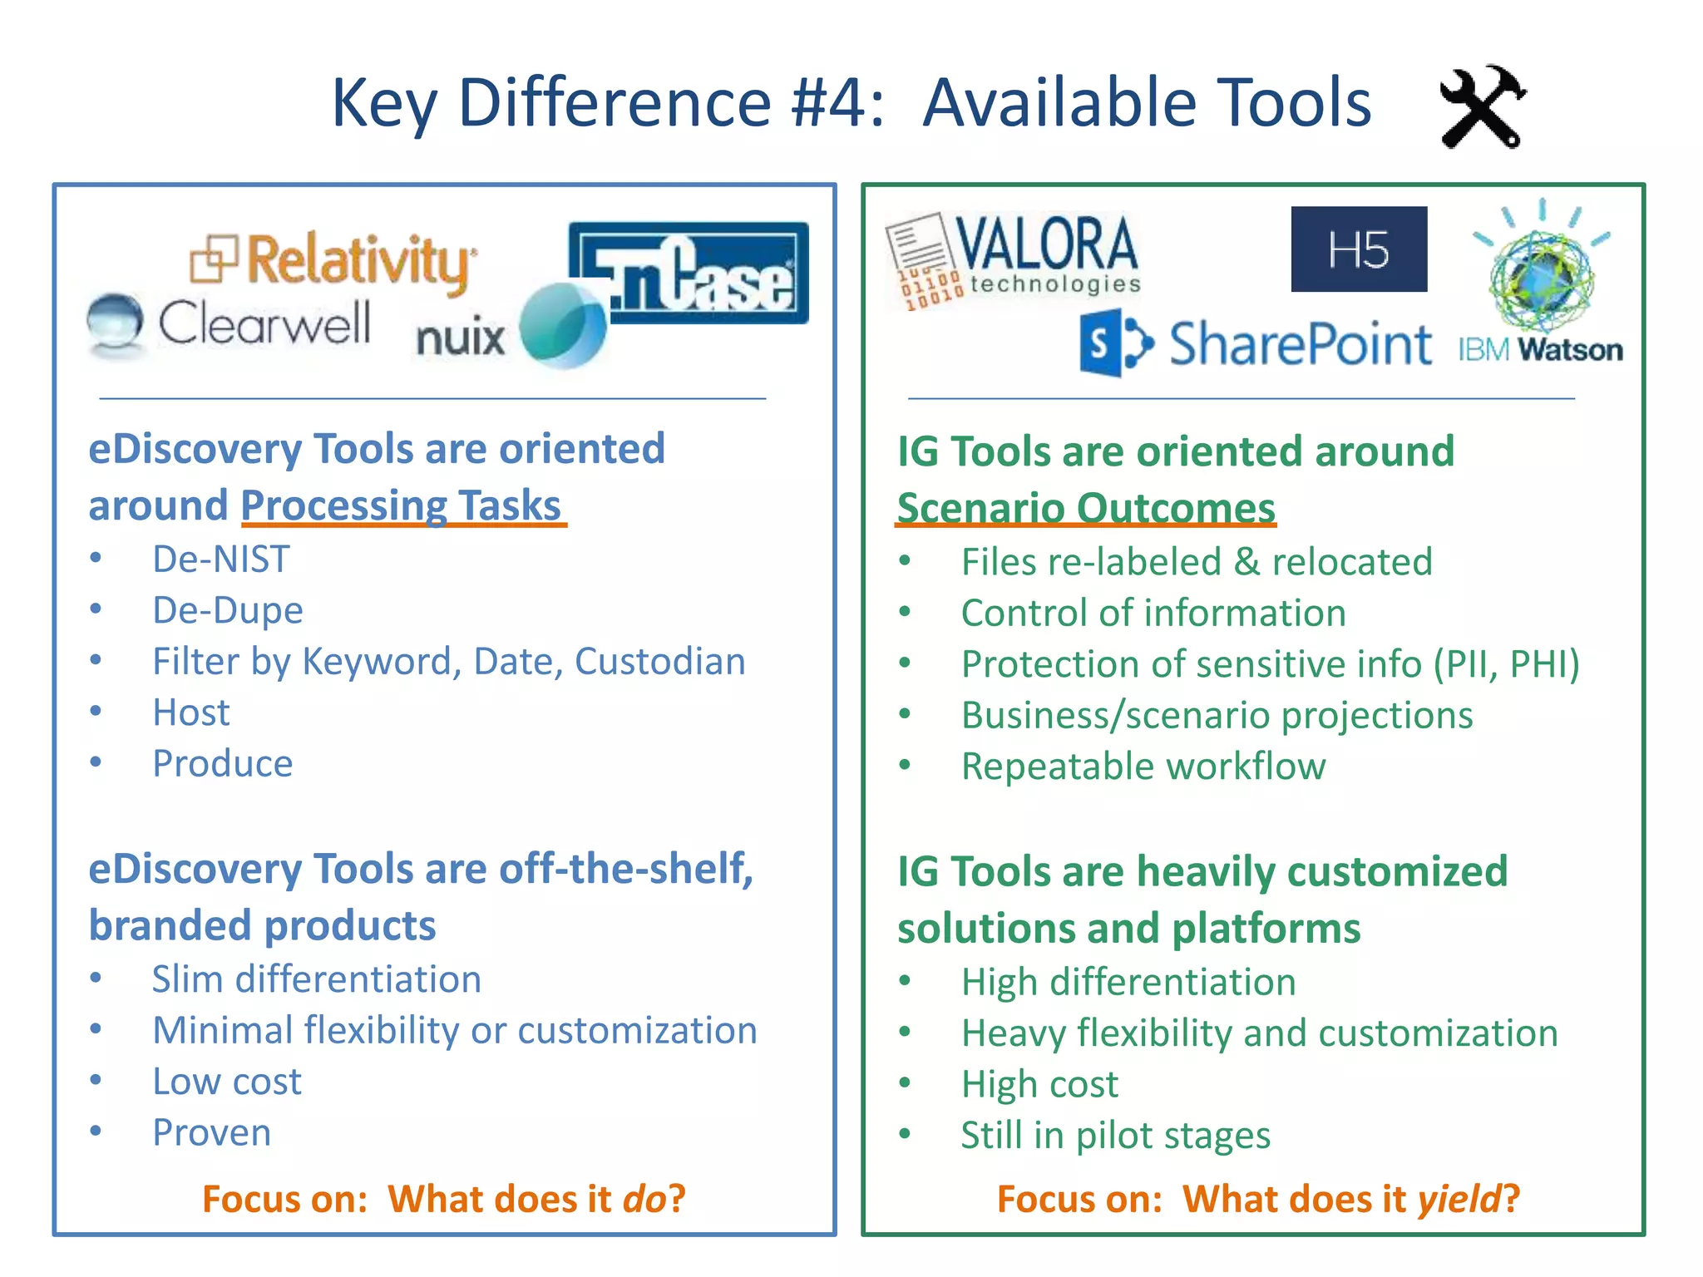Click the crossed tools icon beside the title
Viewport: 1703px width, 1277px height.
tap(1483, 107)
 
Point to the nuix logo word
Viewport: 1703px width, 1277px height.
tap(460, 338)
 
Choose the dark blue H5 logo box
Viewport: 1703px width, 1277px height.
tap(1359, 249)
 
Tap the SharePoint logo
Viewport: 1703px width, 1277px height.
tap(1256, 344)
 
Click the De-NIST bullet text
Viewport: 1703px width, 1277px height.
tap(220, 560)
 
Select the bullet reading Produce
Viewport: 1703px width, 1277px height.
tap(222, 764)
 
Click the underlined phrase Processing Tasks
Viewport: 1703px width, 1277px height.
tap(402, 505)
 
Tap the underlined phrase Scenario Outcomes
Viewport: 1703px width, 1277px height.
tap(1086, 508)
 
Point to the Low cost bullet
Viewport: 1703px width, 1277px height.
tap(226, 1082)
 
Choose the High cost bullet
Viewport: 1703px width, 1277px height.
tap(1039, 1084)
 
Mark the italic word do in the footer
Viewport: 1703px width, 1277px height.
tap(644, 1199)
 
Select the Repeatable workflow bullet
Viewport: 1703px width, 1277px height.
tap(1143, 767)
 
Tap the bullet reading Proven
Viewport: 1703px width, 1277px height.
tap(211, 1133)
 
